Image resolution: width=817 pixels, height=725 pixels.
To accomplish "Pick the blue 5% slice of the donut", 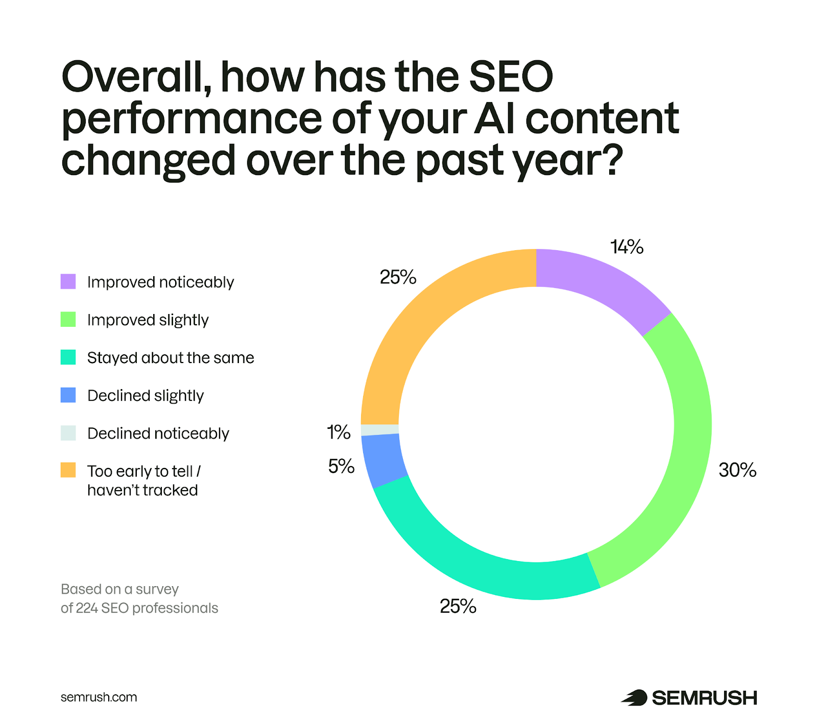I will [383, 460].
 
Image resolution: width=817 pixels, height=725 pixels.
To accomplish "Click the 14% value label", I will [627, 247].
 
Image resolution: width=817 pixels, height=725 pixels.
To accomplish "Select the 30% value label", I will [737, 470].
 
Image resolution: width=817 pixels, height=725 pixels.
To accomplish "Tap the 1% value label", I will [339, 432].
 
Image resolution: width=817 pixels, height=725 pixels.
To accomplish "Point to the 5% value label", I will [341, 466].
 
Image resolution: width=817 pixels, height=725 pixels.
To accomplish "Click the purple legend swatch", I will [68, 281].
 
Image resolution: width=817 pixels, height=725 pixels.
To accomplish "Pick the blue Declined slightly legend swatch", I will [68, 395].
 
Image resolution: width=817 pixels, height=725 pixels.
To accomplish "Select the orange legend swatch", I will [68, 470].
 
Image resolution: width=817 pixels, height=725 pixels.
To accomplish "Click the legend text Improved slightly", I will [148, 320].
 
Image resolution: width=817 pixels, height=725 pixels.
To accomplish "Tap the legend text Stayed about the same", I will [171, 358].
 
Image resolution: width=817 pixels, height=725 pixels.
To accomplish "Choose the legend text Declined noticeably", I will [158, 433].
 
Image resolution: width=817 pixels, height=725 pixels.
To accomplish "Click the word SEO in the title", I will [511, 77].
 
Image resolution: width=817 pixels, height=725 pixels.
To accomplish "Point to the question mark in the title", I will [612, 159].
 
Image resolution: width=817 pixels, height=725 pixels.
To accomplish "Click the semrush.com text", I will [99, 697].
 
